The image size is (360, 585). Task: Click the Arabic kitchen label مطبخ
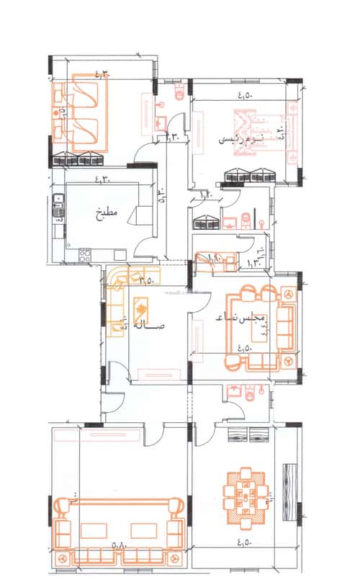106,214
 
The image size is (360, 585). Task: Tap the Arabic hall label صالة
150,326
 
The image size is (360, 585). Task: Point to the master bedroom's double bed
265,134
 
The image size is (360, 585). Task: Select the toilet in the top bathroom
179,91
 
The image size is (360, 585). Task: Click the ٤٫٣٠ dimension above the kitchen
106,171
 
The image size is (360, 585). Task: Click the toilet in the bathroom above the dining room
247,391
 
